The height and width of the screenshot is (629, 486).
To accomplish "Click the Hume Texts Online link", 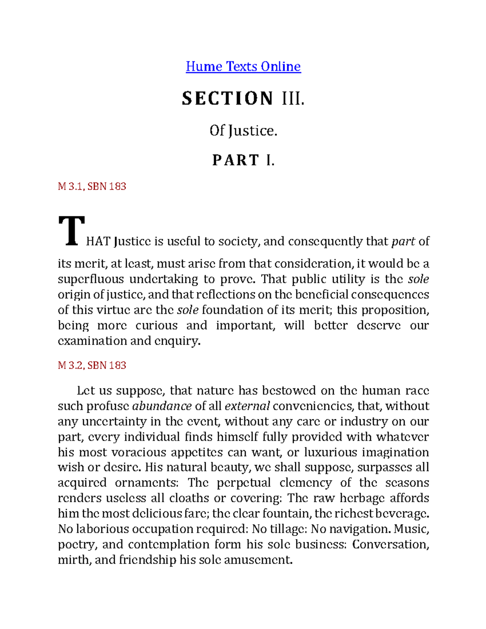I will pyautogui.click(x=243, y=66).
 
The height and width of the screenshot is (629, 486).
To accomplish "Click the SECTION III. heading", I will pyautogui.click(x=243, y=98).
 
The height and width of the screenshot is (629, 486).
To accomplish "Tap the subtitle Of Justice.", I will pyautogui.click(x=243, y=130).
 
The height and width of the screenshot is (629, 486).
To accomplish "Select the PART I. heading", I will pyautogui.click(x=243, y=160).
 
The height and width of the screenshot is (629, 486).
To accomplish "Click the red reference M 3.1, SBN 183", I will pyautogui.click(x=92, y=186).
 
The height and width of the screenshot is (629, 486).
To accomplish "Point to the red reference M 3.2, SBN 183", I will pyautogui.click(x=92, y=365).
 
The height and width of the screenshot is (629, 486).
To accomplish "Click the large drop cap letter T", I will pyautogui.click(x=72, y=231).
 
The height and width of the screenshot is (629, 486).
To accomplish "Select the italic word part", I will pyautogui.click(x=403, y=242).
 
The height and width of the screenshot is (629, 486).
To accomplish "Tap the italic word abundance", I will pyautogui.click(x=162, y=406).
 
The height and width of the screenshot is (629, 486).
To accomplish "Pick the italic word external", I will pyautogui.click(x=247, y=406).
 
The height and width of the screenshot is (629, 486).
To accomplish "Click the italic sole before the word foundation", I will pyautogui.click(x=188, y=310).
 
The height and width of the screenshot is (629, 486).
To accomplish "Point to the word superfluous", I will pyautogui.click(x=91, y=279).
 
